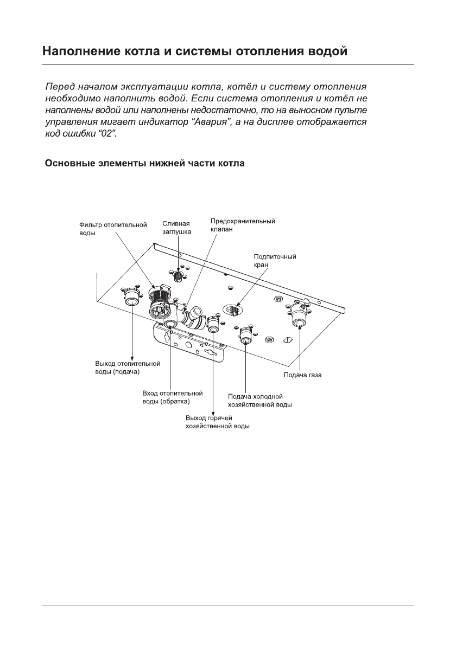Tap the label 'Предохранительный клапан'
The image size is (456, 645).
(243, 225)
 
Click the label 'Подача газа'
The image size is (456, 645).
(303, 375)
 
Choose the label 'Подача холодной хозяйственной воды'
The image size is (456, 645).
(260, 401)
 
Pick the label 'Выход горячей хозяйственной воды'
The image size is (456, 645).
(218, 422)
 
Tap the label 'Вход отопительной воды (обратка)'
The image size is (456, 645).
(172, 397)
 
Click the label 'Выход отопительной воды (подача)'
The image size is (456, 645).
(124, 367)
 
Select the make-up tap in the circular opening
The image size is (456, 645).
(232, 309)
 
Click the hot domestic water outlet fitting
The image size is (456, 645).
(212, 326)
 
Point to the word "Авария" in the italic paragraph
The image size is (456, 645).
(211, 123)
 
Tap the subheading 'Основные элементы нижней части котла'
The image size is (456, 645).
(145, 163)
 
